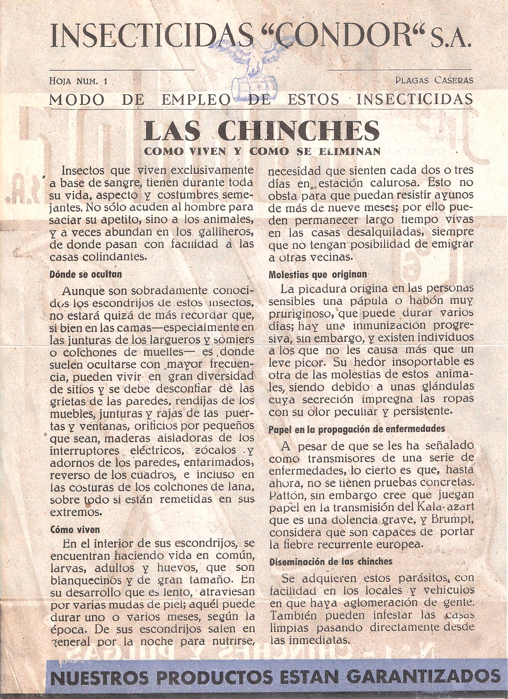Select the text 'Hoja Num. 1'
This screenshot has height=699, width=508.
pyautogui.click(x=78, y=81)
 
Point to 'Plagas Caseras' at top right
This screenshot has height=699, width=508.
pyautogui.click(x=434, y=80)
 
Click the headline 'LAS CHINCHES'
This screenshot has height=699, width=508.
pyautogui.click(x=261, y=131)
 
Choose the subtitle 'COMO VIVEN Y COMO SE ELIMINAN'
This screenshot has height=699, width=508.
pyautogui.click(x=262, y=151)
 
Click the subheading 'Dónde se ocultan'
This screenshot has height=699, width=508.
pyautogui.click(x=85, y=274)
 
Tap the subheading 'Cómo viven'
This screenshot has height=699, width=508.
pyautogui.click(x=75, y=530)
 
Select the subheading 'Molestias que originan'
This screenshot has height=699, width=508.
pyautogui.click(x=318, y=274)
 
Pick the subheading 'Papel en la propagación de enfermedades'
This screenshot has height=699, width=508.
pyautogui.click(x=357, y=428)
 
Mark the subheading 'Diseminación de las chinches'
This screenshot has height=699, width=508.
pyautogui.click(x=331, y=562)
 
